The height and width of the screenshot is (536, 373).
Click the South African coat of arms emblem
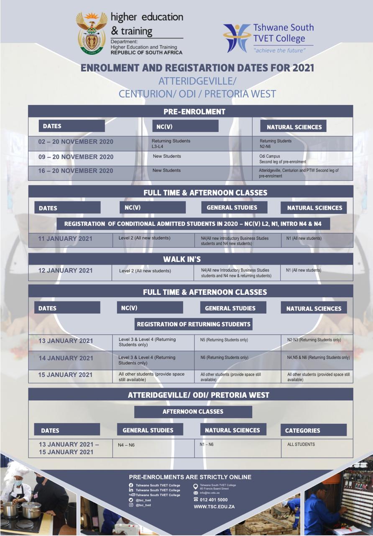pyautogui.click(x=92, y=33)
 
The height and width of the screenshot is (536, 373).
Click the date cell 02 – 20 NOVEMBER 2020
pyautogui.click(x=76, y=142)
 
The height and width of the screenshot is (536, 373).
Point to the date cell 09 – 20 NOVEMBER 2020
pyautogui.click(x=76, y=157)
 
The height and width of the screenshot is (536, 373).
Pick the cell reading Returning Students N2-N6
pyautogui.click(x=276, y=144)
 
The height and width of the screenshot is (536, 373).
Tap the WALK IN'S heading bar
pyautogui.click(x=190, y=259)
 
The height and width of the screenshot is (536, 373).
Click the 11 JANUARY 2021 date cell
pyautogui.click(x=65, y=239)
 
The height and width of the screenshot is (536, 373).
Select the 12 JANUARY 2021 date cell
pyautogui.click(x=65, y=271)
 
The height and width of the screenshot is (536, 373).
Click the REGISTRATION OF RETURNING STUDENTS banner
pyautogui.click(x=194, y=324)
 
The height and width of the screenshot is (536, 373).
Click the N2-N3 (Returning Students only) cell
pyautogui.click(x=314, y=340)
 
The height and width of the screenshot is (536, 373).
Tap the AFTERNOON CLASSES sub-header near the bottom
pyautogui.click(x=193, y=412)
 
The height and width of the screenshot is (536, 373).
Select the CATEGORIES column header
pyautogui.click(x=302, y=430)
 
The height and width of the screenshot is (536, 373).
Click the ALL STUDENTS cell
pyautogui.click(x=301, y=444)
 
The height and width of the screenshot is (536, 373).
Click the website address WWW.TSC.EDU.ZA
pyautogui.click(x=214, y=507)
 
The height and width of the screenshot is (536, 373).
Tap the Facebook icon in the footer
pyautogui.click(x=131, y=485)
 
